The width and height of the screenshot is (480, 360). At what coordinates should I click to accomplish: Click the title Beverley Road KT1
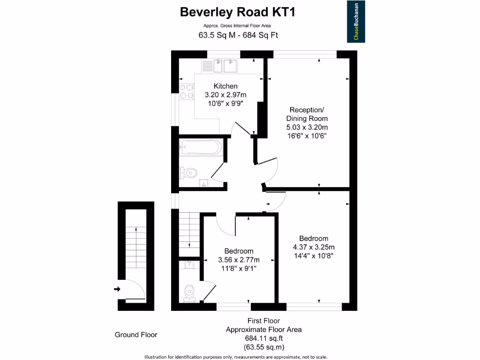[238, 12]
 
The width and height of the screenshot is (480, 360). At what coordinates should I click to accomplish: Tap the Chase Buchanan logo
[356, 22]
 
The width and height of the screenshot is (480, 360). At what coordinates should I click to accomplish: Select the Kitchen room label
[225, 86]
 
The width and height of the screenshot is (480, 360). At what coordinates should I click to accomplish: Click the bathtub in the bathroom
[200, 148]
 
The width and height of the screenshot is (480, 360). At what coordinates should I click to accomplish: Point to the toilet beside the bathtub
[188, 173]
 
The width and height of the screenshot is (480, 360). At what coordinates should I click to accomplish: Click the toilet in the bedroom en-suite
[189, 292]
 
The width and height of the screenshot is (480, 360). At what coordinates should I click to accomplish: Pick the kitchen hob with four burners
[186, 91]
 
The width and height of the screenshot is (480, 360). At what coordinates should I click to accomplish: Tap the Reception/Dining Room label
[307, 114]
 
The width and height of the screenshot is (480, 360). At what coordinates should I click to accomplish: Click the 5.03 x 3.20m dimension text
[307, 127]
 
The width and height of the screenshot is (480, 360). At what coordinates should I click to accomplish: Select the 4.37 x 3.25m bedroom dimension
[314, 247]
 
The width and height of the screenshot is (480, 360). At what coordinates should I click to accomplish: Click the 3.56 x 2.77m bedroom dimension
[239, 260]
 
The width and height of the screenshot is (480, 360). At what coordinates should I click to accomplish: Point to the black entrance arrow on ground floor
[117, 289]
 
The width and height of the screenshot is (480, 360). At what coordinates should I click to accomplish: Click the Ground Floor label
[136, 335]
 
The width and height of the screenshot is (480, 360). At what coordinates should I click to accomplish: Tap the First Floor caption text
[263, 321]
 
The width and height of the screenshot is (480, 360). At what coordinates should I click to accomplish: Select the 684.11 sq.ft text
[263, 338]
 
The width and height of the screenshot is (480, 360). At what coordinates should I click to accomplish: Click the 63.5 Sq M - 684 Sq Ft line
[238, 35]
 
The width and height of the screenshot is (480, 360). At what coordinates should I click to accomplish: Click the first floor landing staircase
[188, 230]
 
